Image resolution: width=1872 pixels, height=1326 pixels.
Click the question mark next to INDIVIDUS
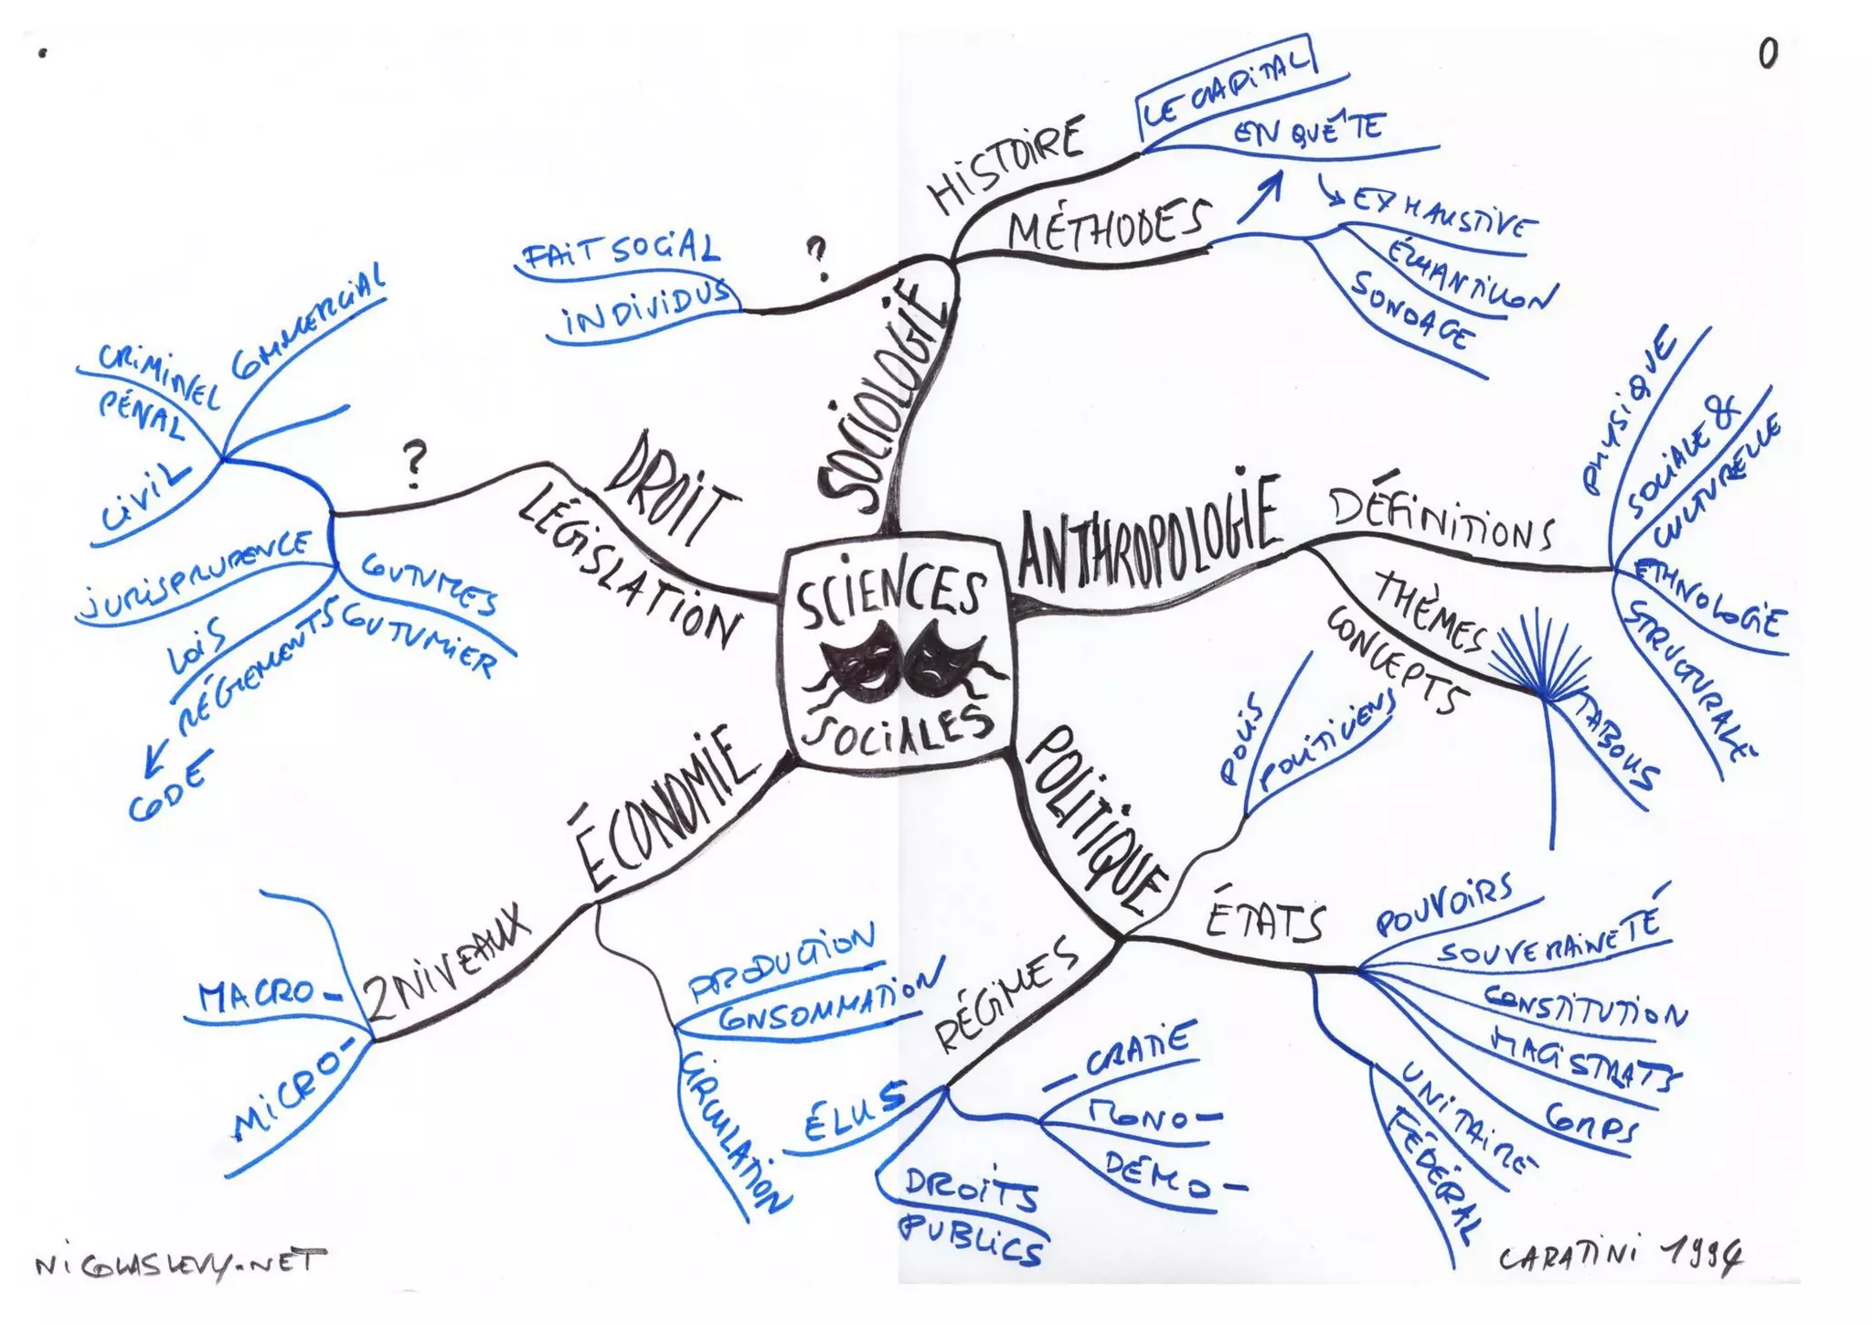(x=817, y=256)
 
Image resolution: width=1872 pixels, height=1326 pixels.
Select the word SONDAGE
(x=1413, y=312)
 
